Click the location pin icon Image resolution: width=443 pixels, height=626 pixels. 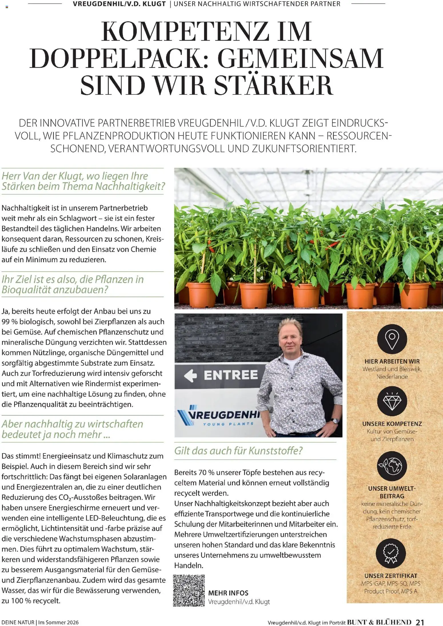(x=392, y=339)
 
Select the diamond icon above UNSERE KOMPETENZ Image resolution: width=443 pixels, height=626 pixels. (x=392, y=401)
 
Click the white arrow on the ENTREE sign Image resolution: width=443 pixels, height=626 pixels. (x=191, y=375)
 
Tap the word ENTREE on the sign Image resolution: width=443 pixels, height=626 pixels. (x=230, y=375)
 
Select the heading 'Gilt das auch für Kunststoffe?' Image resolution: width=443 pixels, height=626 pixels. (x=238, y=450)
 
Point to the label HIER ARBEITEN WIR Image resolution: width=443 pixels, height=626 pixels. (x=392, y=361)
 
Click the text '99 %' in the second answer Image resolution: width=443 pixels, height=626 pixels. (x=10, y=321)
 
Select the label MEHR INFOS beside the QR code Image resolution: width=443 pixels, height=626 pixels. (x=228, y=593)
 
